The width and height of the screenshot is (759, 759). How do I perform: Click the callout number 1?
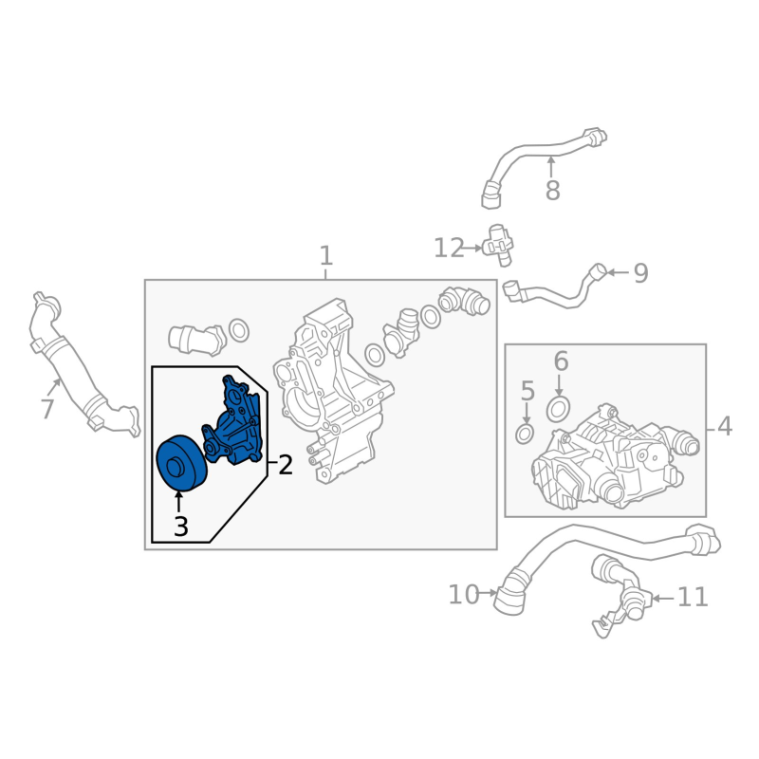point(326,255)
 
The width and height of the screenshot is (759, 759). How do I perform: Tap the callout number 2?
point(286,465)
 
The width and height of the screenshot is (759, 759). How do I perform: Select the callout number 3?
point(180,527)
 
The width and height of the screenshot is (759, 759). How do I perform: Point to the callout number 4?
point(725,427)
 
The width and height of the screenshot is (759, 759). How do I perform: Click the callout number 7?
point(46,409)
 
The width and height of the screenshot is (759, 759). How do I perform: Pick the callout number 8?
point(553,191)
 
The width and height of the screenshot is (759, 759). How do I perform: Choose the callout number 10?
point(464,595)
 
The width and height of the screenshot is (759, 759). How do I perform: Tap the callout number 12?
point(449,248)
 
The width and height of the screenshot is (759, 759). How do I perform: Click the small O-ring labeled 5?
point(525,435)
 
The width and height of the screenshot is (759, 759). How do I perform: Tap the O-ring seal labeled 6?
point(558,410)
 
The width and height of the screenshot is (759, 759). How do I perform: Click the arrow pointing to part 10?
point(489,592)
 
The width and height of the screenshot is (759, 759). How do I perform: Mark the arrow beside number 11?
point(662,599)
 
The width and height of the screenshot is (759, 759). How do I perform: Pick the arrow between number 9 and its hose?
point(618,272)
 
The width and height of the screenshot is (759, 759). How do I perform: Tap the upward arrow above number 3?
point(179,502)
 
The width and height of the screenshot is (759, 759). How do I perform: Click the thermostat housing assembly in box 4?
point(615,457)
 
